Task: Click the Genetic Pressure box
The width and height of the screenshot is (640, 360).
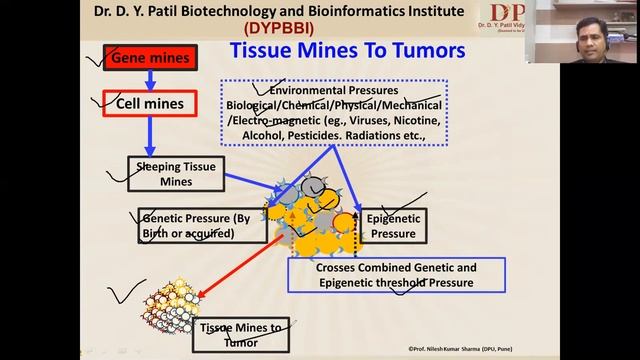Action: [x=202, y=226]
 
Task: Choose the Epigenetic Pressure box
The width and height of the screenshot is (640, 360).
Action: [x=391, y=226]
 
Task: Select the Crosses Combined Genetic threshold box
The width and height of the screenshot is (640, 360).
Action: [x=396, y=275]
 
